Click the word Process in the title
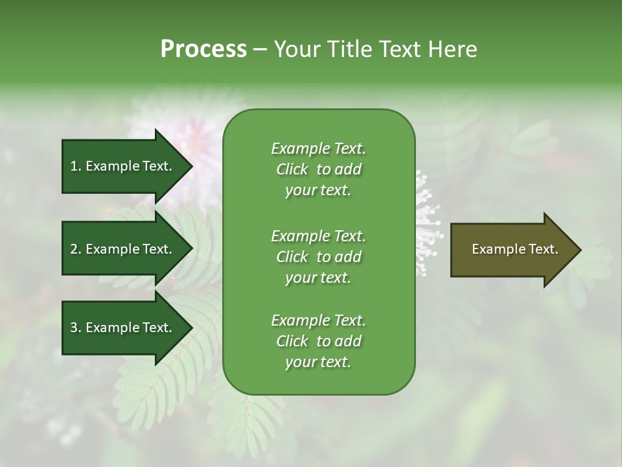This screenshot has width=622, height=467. tap(203, 49)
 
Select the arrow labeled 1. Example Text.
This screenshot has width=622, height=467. tap(123, 166)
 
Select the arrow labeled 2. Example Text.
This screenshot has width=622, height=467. tap(123, 249)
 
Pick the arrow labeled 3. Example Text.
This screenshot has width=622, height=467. tap(123, 328)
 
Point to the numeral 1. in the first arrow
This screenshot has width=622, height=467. tap(76, 166)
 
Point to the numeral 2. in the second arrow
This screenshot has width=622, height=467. tap(76, 249)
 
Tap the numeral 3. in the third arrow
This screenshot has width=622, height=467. tap(76, 328)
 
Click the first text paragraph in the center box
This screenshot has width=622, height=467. tap(318, 169)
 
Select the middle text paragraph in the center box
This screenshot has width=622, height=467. tap(318, 256)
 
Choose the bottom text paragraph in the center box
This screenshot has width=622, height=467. tap(318, 341)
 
